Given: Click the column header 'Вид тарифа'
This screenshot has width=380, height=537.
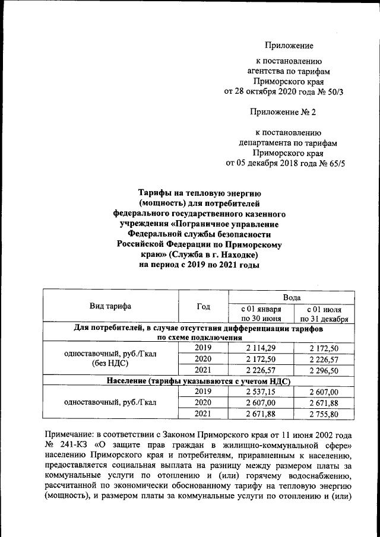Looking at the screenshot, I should [110, 306].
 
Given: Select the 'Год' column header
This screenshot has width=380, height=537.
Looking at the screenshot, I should [203, 306].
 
